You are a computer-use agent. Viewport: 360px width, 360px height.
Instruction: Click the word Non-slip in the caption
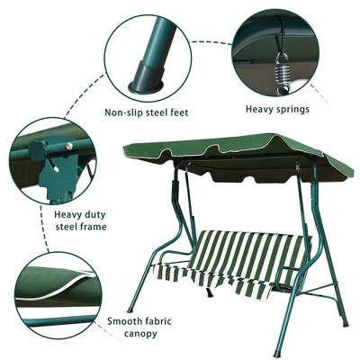123,112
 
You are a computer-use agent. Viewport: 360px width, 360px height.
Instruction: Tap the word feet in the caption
178,112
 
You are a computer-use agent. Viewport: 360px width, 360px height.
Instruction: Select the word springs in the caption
291,109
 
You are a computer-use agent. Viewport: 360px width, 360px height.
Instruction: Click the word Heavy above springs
257,109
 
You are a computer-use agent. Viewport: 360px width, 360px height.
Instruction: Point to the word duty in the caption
94,215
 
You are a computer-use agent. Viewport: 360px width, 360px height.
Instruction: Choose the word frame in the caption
94,226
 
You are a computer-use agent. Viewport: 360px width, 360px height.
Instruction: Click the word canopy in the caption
140,334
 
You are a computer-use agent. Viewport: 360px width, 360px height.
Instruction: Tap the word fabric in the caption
158,321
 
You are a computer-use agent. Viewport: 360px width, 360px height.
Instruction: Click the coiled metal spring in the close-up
282,75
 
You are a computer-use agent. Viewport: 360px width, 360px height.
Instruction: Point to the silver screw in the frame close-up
69,146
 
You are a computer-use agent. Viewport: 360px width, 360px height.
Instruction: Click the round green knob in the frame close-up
38,149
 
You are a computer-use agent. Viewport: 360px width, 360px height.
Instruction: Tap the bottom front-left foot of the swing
130,310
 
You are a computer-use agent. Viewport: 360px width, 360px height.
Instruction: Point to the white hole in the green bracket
57,169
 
